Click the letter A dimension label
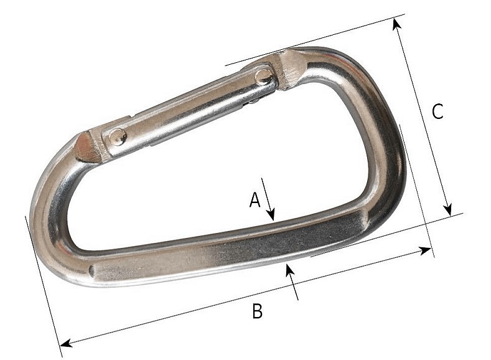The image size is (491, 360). [255, 200]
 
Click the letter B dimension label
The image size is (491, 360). [258, 311]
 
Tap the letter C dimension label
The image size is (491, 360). [437, 111]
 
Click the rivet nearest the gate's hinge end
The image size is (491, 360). [118, 137]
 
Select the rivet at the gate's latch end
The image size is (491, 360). [264, 77]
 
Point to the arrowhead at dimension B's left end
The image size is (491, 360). [66, 343]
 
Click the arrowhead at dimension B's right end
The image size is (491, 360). [425, 250]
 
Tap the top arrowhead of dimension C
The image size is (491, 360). [396, 24]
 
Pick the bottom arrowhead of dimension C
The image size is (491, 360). [448, 209]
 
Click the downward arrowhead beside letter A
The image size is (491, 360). [271, 215]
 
